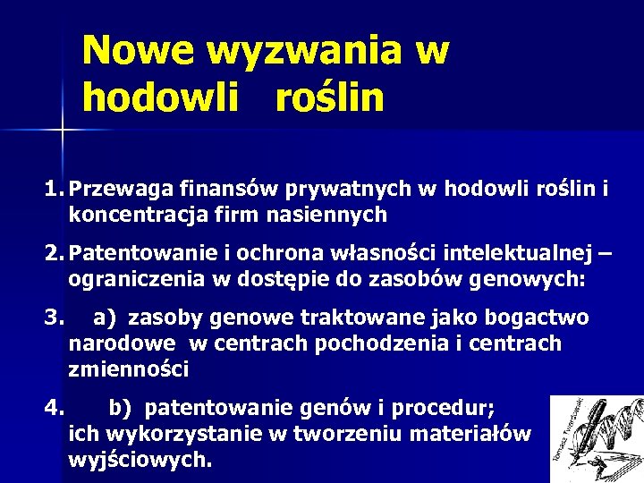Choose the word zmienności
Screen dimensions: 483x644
point(127,368)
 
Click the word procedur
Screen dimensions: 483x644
point(446,409)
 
